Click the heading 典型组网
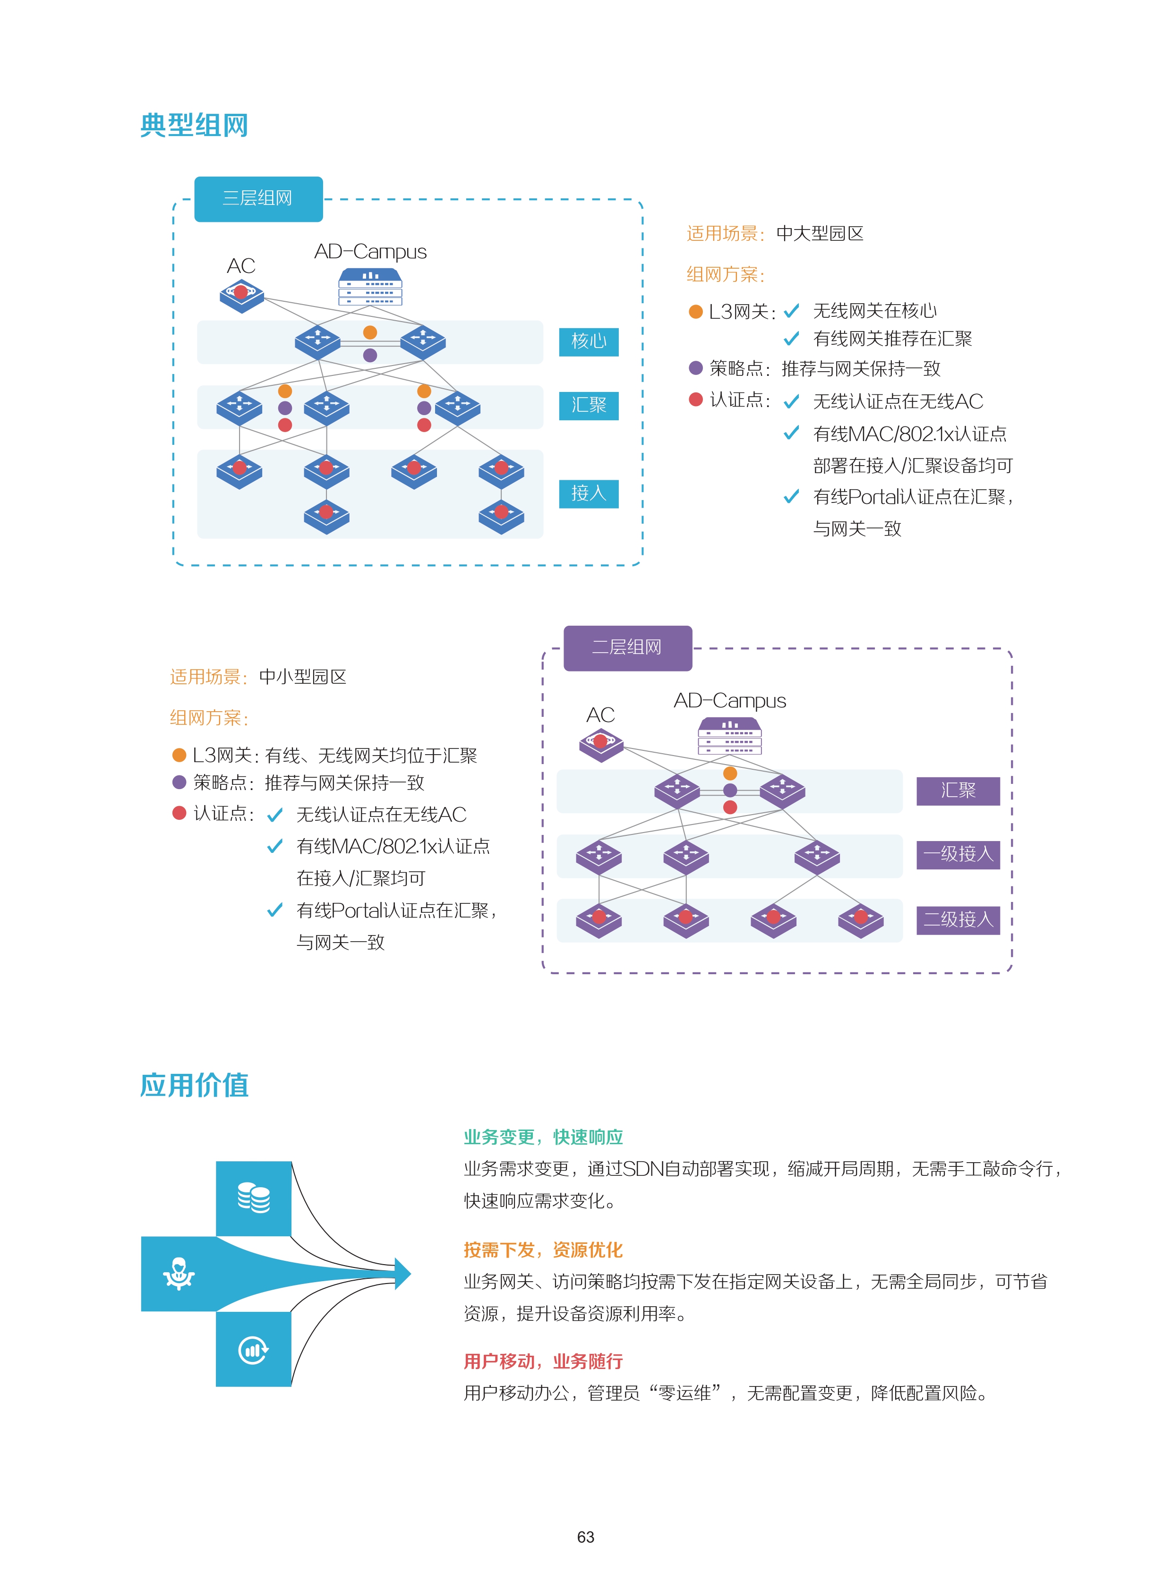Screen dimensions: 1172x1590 pos(194,126)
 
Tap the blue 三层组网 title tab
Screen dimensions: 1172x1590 pos(258,198)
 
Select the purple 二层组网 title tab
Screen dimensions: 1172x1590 pos(627,647)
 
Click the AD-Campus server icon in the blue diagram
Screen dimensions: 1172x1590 pos(370,287)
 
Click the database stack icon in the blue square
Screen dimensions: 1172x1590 pos(253,1198)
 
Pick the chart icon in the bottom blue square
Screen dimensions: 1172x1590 pos(253,1350)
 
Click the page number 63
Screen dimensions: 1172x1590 pos(585,1537)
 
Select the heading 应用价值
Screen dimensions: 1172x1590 pos(194,1085)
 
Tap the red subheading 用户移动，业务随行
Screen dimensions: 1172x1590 pos(543,1361)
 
